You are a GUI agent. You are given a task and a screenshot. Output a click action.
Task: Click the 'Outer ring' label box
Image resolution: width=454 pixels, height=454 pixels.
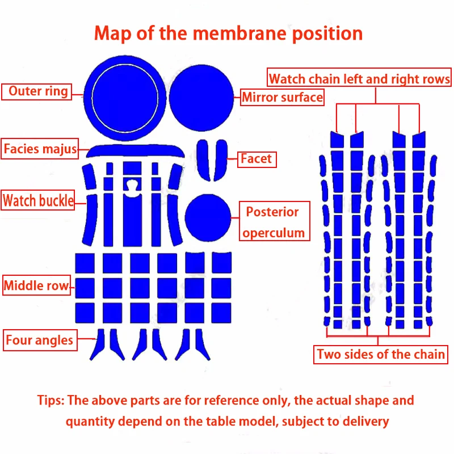(x=37, y=91)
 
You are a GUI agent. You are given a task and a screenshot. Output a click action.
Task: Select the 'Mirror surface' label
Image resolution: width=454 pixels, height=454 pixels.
(x=282, y=98)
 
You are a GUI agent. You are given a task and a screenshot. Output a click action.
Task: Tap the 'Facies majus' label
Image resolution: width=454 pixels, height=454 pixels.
(x=40, y=150)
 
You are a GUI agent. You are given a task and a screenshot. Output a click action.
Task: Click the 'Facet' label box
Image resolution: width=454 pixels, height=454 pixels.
(x=257, y=159)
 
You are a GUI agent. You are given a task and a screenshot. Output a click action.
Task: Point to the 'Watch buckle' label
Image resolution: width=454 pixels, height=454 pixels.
(x=38, y=200)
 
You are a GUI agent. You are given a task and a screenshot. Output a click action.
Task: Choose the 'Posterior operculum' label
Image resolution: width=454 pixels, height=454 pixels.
(x=274, y=222)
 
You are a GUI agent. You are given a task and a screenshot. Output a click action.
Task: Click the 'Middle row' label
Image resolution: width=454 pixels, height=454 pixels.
(x=36, y=285)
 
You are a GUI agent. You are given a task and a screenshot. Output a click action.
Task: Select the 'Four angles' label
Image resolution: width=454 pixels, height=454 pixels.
(x=40, y=340)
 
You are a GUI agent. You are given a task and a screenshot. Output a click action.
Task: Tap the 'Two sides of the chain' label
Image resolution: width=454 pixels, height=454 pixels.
(x=381, y=355)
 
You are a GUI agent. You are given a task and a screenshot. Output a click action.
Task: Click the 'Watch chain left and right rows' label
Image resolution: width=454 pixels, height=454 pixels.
(x=359, y=79)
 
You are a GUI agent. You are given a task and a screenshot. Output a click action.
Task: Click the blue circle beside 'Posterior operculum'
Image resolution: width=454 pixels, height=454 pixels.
(x=208, y=216)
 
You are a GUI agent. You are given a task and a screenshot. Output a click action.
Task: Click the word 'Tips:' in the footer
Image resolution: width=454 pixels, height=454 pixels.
(x=51, y=400)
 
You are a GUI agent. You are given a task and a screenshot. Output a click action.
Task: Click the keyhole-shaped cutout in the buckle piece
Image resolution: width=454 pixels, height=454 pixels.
(x=132, y=186)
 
